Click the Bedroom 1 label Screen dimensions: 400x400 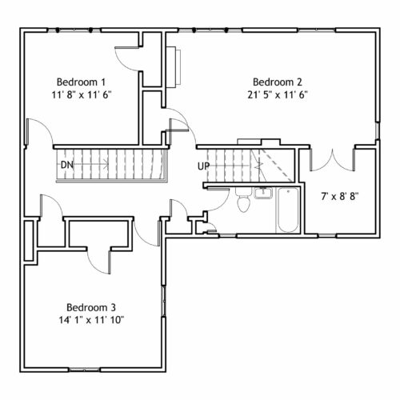[x=81, y=82]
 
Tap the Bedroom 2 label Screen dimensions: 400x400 [x=278, y=82]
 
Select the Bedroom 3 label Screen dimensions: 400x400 [x=91, y=307]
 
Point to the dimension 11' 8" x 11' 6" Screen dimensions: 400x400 [x=81, y=94]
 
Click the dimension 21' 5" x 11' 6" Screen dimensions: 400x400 [x=278, y=94]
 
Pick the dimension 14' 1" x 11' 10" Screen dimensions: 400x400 [x=91, y=320]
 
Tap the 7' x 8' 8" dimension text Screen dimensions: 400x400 [x=340, y=197]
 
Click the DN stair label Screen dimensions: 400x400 [x=67, y=165]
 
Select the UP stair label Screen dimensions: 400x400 [x=203, y=166]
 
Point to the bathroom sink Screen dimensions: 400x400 [x=263, y=193]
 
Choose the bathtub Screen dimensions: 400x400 [x=288, y=210]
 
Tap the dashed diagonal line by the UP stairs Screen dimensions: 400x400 [x=278, y=166]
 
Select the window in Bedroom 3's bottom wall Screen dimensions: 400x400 [x=84, y=370]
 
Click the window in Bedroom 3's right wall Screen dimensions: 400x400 [x=164, y=302]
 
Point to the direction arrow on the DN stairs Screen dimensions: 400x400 [x=90, y=165]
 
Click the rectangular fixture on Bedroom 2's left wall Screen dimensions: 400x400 [x=174, y=66]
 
